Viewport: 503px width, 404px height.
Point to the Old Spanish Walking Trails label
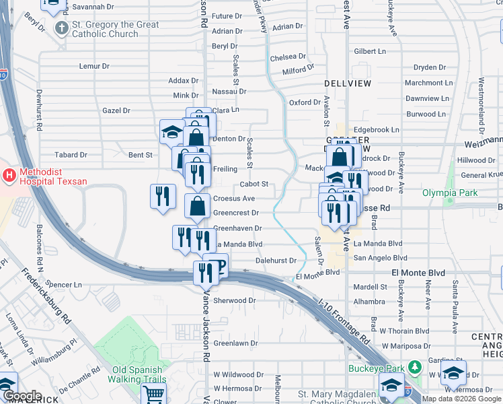137,374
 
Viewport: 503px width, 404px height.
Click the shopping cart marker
153,397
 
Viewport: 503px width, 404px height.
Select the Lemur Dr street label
94,66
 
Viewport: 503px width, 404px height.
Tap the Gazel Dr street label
116,110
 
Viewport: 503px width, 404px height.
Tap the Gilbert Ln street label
370,51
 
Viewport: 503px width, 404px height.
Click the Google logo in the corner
22,396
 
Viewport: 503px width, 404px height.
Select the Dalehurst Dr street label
276,260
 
